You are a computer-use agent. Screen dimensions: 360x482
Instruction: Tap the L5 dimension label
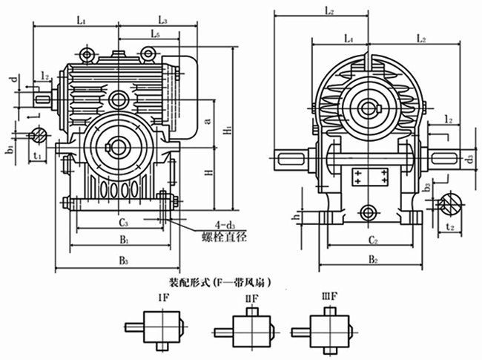click(155, 34)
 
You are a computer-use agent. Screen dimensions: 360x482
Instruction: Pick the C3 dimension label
click(124, 222)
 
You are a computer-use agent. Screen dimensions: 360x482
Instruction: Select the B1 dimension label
click(125, 241)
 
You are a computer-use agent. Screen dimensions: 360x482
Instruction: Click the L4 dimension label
click(349, 36)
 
